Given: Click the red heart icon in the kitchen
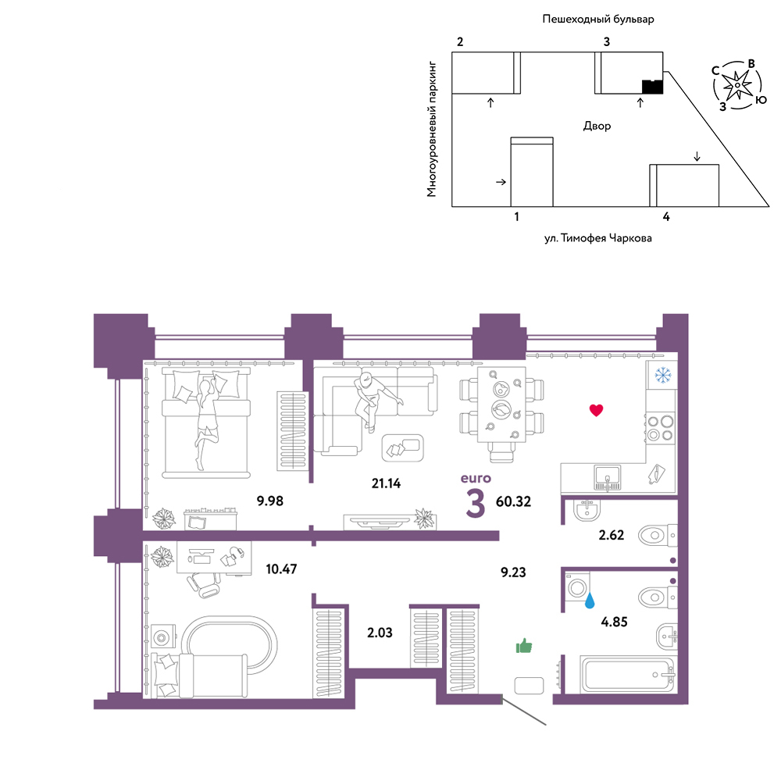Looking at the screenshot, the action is click(x=596, y=410).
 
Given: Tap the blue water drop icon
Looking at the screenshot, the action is click(x=590, y=600).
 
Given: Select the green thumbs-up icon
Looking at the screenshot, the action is click(x=524, y=646).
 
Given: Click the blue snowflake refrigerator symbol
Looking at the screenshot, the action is click(x=663, y=375).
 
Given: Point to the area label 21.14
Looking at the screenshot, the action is click(x=386, y=483).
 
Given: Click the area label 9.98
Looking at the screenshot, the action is click(x=270, y=501).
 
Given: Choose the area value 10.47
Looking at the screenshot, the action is click(x=281, y=569).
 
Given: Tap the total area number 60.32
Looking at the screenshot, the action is click(x=514, y=501).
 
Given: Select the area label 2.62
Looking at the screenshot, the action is click(x=612, y=535).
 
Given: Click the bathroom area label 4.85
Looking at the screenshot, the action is click(x=614, y=622).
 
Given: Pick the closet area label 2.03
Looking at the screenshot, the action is click(x=380, y=633).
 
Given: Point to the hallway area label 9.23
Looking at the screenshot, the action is click(x=513, y=572).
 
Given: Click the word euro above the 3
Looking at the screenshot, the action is click(x=476, y=478).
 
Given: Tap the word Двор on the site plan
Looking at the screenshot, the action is click(x=597, y=126).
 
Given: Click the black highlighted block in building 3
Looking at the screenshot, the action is click(x=652, y=87).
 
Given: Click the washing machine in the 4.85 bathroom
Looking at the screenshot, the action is click(x=577, y=588).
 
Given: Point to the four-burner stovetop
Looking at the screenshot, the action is click(x=661, y=428).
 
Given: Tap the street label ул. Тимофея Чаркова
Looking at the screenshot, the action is click(x=597, y=238).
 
